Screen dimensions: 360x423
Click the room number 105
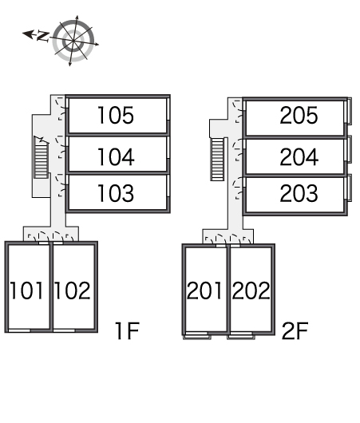pyautogui.click(x=116, y=115)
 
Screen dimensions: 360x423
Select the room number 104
pyautogui.click(x=116, y=156)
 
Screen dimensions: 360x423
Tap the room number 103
pyautogui.click(x=116, y=193)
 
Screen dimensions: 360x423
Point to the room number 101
pyautogui.click(x=26, y=291)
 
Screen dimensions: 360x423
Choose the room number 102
pyautogui.click(x=73, y=291)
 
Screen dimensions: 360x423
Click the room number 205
pyautogui.click(x=299, y=115)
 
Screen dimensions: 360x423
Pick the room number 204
pyautogui.click(x=299, y=156)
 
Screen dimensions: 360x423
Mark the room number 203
pyautogui.click(x=299, y=193)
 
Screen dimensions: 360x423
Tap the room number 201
pyautogui.click(x=204, y=291)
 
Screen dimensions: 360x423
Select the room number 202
pyautogui.click(x=251, y=291)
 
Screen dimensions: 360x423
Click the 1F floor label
pyautogui.click(x=127, y=330)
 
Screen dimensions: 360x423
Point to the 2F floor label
pyautogui.click(x=295, y=330)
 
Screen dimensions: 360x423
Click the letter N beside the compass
pyautogui.click(x=42, y=37)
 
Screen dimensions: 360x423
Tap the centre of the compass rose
pyautogui.click(x=73, y=41)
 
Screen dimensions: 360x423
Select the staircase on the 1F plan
pyautogui.click(x=41, y=157)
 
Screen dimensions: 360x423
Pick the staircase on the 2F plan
pyautogui.click(x=217, y=159)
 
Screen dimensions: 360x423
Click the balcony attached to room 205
pyautogui.click(x=349, y=111)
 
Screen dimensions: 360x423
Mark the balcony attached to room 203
pyautogui.click(x=349, y=188)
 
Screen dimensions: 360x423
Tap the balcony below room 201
pyautogui.click(x=197, y=336)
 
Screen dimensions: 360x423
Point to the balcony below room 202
pyautogui.click(x=241, y=336)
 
